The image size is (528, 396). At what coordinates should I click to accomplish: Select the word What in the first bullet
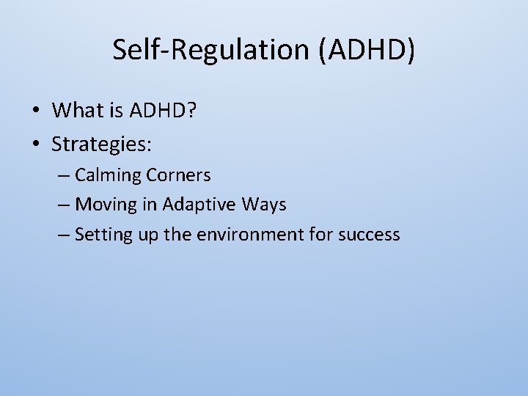pos(78,111)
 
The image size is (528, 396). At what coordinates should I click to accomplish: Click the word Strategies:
pos(101,144)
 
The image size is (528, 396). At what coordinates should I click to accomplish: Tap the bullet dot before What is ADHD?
pos(34,111)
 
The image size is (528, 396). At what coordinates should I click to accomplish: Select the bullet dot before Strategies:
pos(34,145)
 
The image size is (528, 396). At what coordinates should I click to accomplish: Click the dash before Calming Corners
pos(63,176)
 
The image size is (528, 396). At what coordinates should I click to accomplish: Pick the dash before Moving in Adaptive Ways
pos(63,205)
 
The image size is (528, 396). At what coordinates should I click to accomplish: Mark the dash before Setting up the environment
pos(63,235)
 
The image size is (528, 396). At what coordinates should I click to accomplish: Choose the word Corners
pos(178,175)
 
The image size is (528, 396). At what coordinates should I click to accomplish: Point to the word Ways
pos(264,205)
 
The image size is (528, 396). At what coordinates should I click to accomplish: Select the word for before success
pos(323,235)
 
